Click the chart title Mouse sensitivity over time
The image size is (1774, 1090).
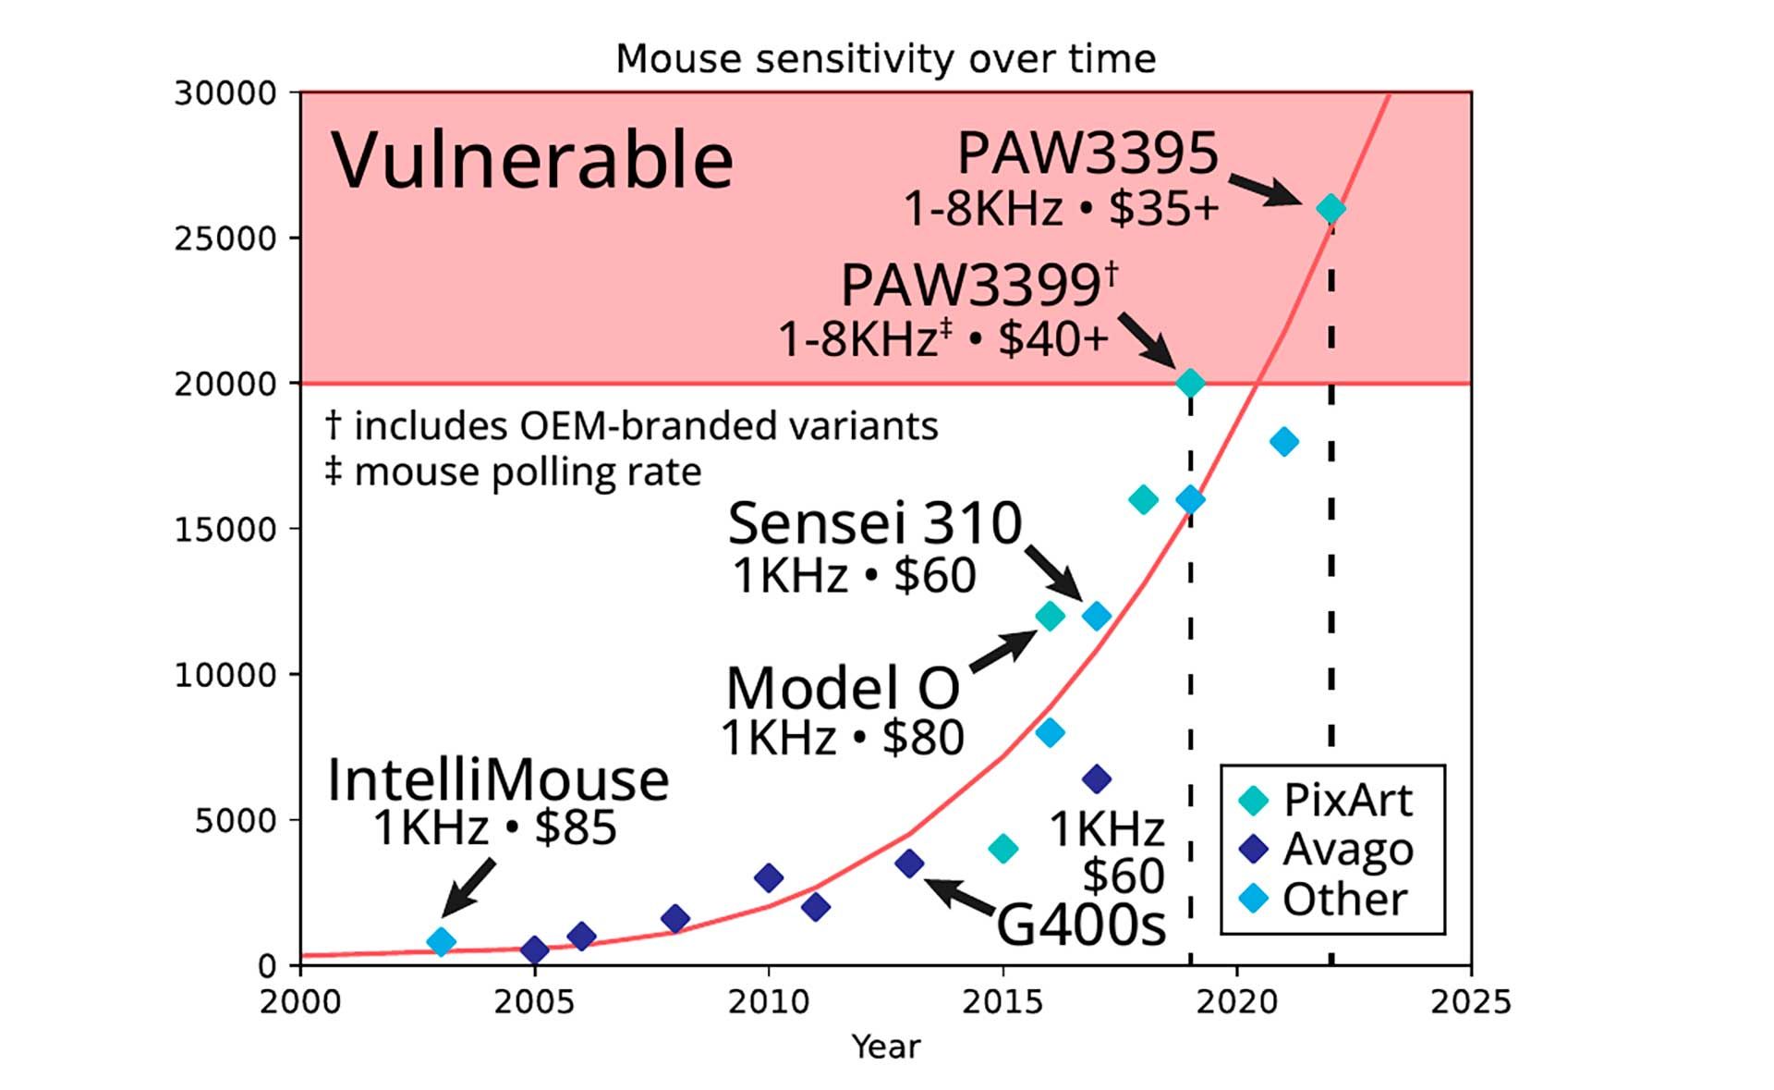click(885, 59)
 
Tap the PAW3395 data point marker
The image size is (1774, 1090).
click(1330, 209)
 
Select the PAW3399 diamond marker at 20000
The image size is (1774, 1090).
click(1190, 383)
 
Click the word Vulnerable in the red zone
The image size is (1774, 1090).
click(532, 161)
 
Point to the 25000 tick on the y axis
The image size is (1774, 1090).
click(225, 239)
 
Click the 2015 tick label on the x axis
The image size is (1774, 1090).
click(1002, 1002)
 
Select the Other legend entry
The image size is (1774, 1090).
click(1326, 899)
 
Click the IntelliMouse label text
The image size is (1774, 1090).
click(498, 779)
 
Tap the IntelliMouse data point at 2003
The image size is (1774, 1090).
click(442, 941)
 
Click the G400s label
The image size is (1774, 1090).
click(1081, 923)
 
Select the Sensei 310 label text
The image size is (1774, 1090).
click(875, 523)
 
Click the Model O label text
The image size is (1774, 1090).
click(843, 689)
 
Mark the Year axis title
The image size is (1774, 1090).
click(885, 1047)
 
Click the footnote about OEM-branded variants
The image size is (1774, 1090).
click(632, 426)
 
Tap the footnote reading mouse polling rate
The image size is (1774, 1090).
click(514, 472)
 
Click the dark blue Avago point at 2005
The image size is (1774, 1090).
click(534, 949)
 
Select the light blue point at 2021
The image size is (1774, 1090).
click(1283, 442)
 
